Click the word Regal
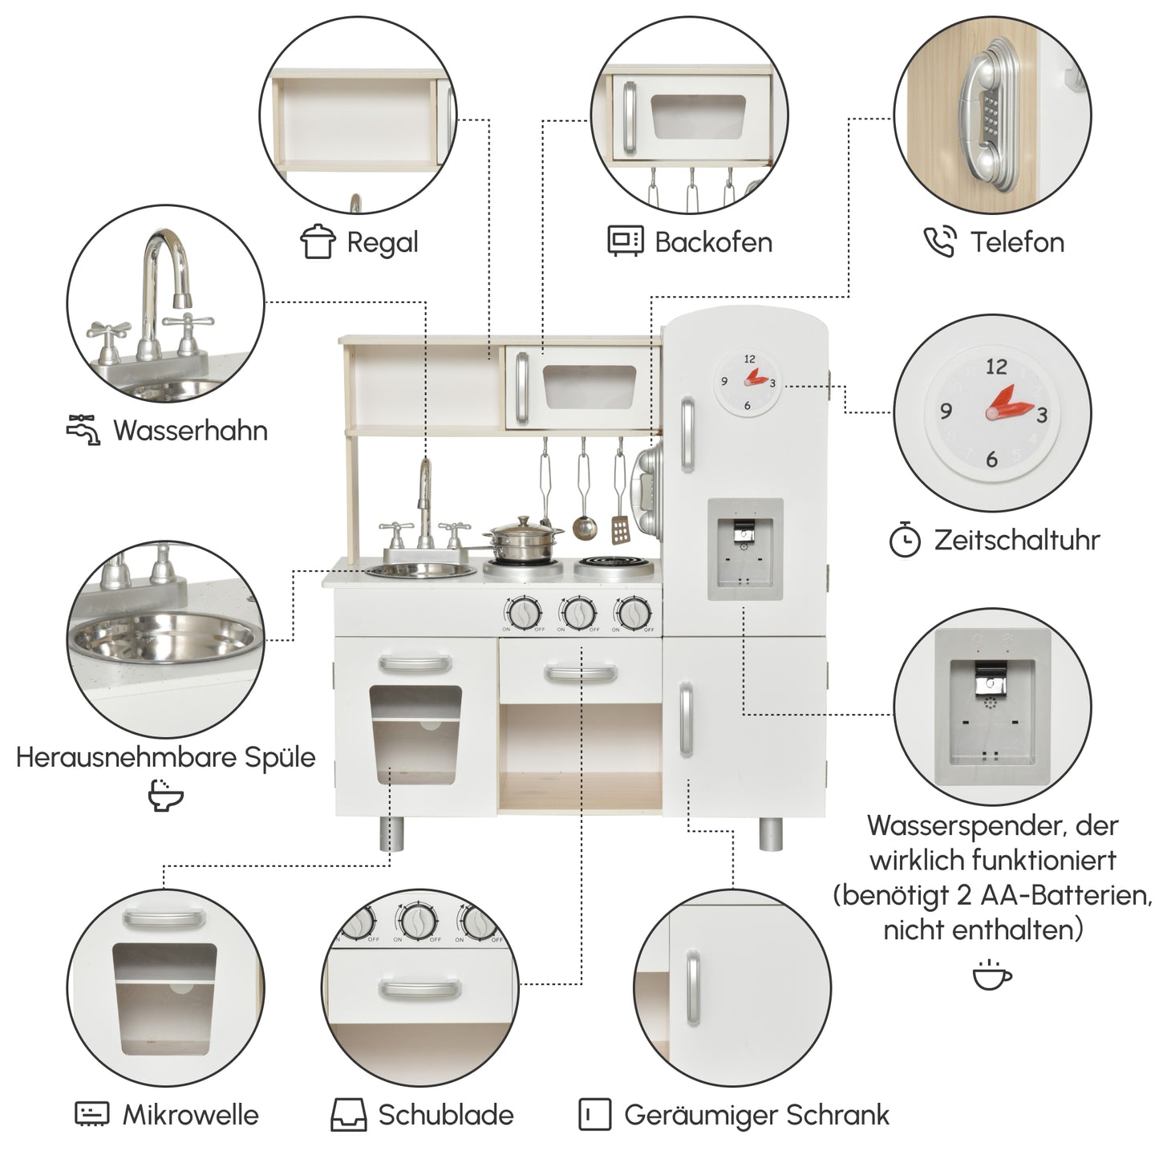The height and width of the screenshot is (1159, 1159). click(382, 242)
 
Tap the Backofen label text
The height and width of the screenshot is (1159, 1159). click(713, 242)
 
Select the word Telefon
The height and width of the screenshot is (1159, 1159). click(1017, 242)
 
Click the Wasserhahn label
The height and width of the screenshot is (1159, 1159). click(190, 431)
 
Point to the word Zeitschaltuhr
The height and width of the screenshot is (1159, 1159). click(1016, 540)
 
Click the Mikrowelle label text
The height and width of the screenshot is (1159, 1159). click(190, 1115)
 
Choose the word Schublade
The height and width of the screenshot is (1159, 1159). click(446, 1115)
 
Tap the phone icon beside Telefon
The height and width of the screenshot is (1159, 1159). click(939, 242)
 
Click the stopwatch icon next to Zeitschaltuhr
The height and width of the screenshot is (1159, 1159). click(905, 540)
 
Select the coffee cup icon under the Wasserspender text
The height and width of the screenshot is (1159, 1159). click(992, 975)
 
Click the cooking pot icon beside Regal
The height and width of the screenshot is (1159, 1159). click(318, 241)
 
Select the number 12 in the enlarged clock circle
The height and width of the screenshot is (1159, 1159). click(995, 367)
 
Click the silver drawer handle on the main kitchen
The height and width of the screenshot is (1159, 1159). click(580, 673)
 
